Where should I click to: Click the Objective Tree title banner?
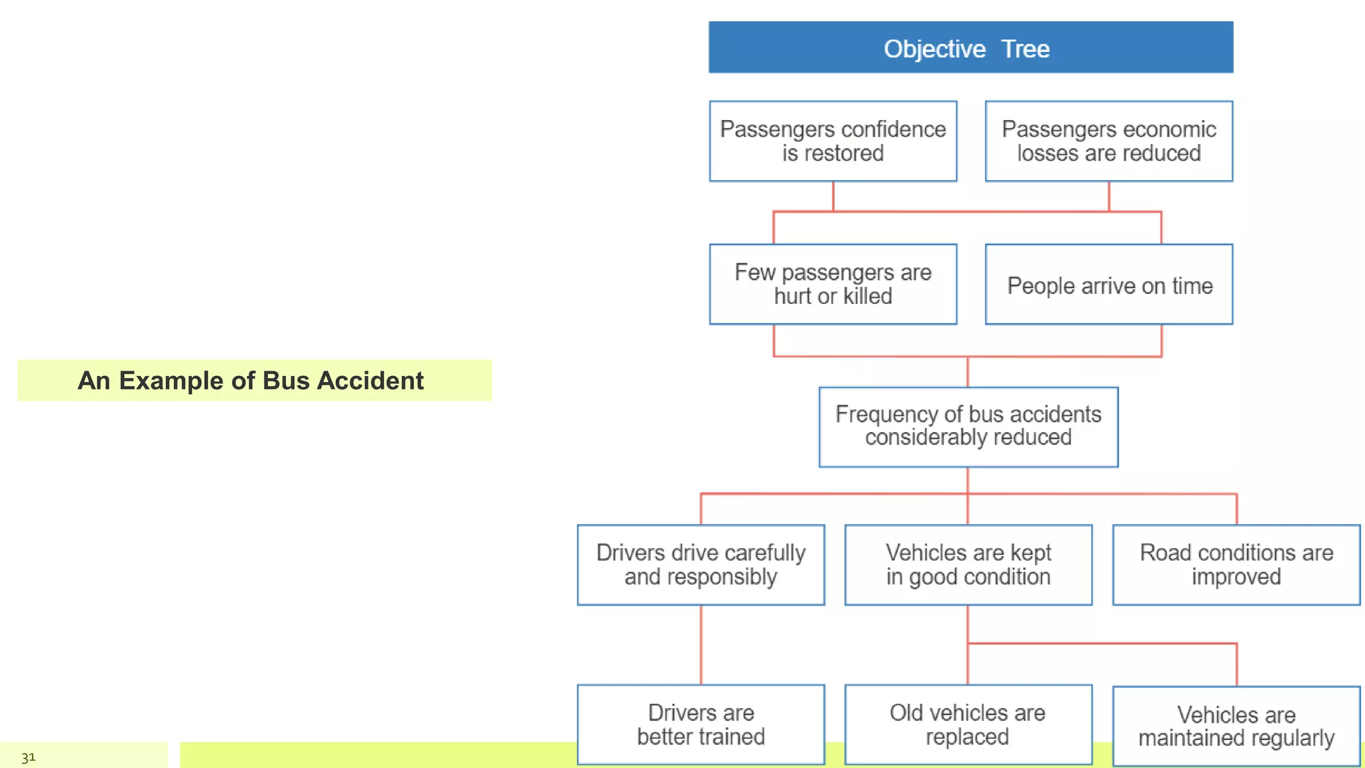click(x=970, y=47)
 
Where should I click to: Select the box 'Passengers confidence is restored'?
click(x=833, y=141)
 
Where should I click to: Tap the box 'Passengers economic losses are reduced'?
click(x=1109, y=141)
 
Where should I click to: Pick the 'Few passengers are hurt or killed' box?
click(x=833, y=285)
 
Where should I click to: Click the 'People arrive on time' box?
click(x=1109, y=285)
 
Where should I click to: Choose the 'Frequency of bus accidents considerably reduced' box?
click(x=968, y=427)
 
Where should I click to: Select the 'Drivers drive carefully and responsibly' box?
click(x=701, y=565)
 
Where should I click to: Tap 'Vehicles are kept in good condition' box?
click(x=968, y=565)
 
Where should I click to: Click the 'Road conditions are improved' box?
click(x=1236, y=565)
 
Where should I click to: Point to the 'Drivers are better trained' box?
click(x=701, y=725)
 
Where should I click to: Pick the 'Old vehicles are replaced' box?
click(x=968, y=725)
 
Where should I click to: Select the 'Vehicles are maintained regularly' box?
click(x=1236, y=726)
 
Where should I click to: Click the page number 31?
click(x=28, y=757)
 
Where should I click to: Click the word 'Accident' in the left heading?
click(x=370, y=381)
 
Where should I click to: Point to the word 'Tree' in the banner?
click(x=1025, y=49)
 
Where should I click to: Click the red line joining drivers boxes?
click(x=701, y=645)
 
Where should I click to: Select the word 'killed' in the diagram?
click(x=867, y=296)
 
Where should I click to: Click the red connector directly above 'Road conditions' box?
click(x=1236, y=509)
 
